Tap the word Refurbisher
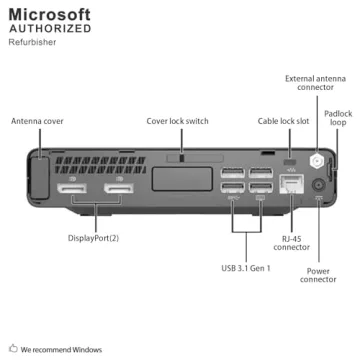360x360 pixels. point(31,43)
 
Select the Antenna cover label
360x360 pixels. point(37,121)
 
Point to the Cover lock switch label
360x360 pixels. point(177,121)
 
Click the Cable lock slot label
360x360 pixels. point(283,121)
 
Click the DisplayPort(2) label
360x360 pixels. point(94,237)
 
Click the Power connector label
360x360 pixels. point(318,274)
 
